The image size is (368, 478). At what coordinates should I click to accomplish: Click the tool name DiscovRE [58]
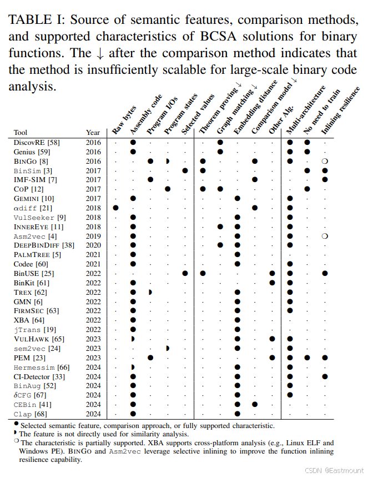click(x=37, y=142)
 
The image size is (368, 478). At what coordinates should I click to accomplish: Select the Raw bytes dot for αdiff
click(x=115, y=208)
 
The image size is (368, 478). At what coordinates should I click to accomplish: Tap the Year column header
click(x=93, y=132)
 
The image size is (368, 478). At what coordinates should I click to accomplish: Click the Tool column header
click(x=21, y=132)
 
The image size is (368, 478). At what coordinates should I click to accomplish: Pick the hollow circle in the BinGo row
click(x=325, y=161)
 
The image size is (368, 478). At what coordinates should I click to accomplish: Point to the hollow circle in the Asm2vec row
click(x=325, y=236)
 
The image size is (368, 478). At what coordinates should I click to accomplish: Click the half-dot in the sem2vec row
click(x=168, y=348)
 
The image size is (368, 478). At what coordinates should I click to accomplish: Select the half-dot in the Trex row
click(x=150, y=292)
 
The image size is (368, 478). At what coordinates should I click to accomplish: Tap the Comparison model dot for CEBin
click(x=255, y=404)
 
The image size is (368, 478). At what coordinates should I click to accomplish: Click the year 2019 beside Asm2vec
click(x=93, y=237)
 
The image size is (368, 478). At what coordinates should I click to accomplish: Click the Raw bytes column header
click(x=124, y=120)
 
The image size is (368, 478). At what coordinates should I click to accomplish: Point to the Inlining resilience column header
click(x=340, y=110)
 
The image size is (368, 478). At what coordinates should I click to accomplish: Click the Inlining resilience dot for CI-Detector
click(x=325, y=376)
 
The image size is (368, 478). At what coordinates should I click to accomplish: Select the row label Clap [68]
click(x=30, y=414)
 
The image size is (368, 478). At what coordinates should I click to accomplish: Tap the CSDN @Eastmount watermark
click(x=334, y=470)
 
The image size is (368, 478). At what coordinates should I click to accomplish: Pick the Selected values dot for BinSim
click(x=185, y=170)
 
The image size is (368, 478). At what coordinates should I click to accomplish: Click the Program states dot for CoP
click(x=168, y=189)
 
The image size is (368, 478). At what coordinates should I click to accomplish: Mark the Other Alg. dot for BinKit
click(x=273, y=283)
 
